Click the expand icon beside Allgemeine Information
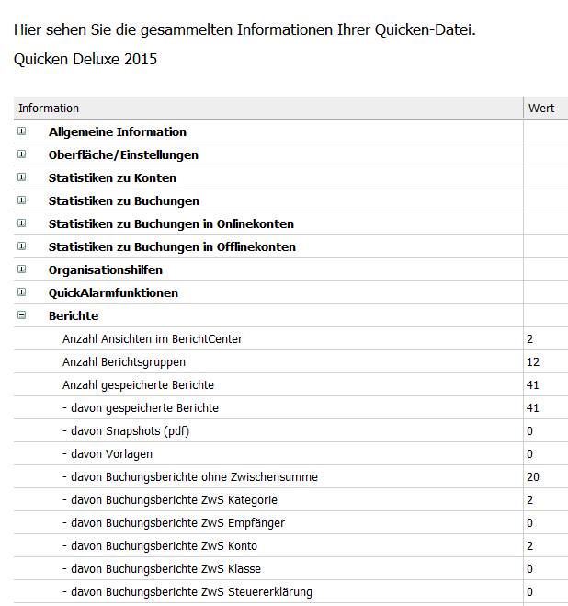[21, 131]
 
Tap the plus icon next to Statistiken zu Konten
[21, 177]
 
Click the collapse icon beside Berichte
[21, 315]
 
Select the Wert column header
[541, 109]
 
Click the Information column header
[49, 109]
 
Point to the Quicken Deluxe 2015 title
[85, 60]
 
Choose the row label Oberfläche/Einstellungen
[123, 154]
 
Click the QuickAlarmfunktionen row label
[113, 292]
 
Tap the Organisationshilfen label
[106, 269]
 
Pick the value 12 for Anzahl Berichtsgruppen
[533, 361]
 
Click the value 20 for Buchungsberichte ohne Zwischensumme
[533, 476]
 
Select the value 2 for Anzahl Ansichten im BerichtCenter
[530, 338]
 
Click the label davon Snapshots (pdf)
[126, 430]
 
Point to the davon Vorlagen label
[108, 453]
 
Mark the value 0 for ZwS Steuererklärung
[530, 591]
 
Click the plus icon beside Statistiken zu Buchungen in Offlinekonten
[21, 246]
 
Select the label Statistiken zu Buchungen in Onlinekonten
[171, 223]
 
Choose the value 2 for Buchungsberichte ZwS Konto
[530, 545]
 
